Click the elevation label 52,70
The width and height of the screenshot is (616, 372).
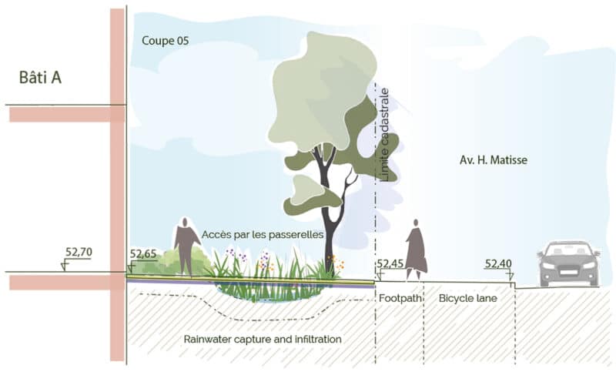click(79, 252)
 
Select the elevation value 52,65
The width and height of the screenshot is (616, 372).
click(143, 254)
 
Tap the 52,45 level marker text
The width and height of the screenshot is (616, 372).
click(390, 263)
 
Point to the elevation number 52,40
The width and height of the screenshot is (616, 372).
click(498, 263)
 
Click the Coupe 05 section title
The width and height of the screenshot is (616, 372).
click(166, 41)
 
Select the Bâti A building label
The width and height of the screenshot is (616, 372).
click(40, 77)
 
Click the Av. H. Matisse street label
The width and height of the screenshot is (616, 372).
click(494, 160)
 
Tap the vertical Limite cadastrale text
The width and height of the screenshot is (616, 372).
click(384, 135)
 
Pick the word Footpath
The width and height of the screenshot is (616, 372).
click(400, 298)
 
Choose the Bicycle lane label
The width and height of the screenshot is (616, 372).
click(468, 298)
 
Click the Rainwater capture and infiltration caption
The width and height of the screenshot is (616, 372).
click(263, 339)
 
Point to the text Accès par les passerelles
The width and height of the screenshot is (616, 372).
click(263, 235)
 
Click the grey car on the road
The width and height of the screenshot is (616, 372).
click(569, 263)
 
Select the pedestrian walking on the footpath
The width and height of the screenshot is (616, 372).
click(416, 250)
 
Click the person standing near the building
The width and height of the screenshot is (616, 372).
click(186, 246)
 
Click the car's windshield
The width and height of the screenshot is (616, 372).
click(569, 250)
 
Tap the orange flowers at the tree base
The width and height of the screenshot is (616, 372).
click(336, 263)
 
